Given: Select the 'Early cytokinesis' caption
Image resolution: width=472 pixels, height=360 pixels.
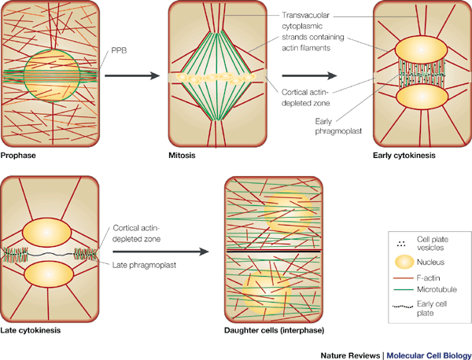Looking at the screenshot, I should click(404, 156).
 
